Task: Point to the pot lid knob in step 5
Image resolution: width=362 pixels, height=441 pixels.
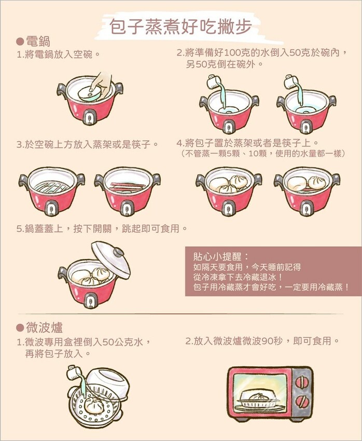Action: (119, 252)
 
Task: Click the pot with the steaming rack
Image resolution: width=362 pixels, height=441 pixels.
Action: (51, 189)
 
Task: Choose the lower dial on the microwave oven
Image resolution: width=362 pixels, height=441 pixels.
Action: (301, 400)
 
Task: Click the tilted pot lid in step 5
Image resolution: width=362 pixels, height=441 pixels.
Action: (111, 259)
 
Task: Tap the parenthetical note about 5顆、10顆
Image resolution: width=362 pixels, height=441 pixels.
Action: (263, 154)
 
